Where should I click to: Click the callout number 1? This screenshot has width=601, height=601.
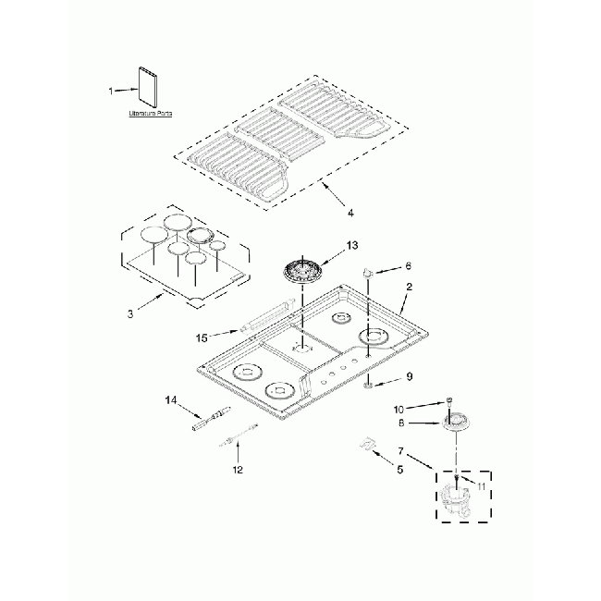(x=111, y=91)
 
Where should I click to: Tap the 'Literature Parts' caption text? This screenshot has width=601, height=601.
(x=151, y=114)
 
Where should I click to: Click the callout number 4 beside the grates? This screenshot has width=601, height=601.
(x=351, y=215)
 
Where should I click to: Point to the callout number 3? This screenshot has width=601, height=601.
(x=131, y=314)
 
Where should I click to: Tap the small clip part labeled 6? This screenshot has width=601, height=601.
(x=370, y=274)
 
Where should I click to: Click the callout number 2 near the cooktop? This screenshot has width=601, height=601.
(x=409, y=288)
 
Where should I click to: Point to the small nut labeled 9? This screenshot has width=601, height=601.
(x=368, y=382)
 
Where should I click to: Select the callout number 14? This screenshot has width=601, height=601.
(x=170, y=401)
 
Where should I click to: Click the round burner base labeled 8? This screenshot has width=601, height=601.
(x=456, y=423)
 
